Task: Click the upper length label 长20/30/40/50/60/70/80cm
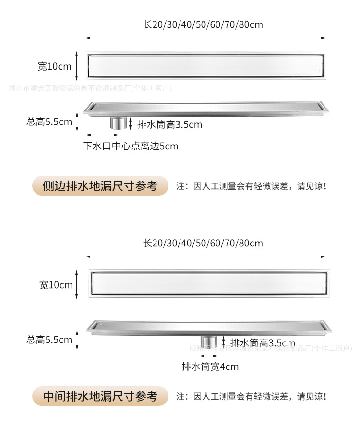click(x=203, y=24)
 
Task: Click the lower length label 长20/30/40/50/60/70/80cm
click(x=203, y=243)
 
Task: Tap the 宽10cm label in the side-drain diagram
click(x=54, y=67)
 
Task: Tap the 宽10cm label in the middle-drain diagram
click(x=56, y=285)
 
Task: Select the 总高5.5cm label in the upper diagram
click(x=49, y=122)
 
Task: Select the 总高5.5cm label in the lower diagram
click(x=49, y=340)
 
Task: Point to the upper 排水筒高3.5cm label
click(x=170, y=125)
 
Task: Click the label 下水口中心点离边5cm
click(x=131, y=146)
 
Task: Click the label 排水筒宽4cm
click(x=210, y=367)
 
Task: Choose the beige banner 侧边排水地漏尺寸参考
click(x=100, y=186)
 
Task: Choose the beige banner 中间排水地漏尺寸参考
click(x=100, y=396)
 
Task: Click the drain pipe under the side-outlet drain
click(x=118, y=122)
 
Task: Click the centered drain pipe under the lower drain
click(x=209, y=342)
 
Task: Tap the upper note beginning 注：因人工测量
click(x=252, y=186)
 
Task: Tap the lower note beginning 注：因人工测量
click(x=252, y=397)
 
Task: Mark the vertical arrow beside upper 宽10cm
click(x=76, y=66)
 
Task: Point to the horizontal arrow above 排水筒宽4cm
click(x=209, y=356)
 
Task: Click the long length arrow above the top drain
click(x=205, y=38)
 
